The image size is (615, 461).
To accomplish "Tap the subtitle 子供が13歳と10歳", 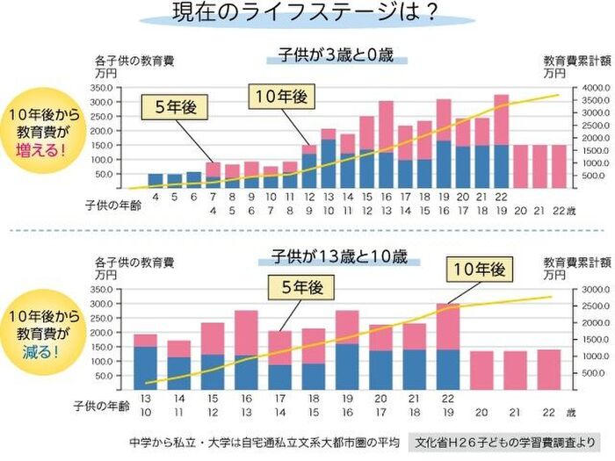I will point(340,258).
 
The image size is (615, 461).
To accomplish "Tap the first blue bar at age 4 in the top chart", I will point(155,181).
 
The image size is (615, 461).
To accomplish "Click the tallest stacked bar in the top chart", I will point(502,140).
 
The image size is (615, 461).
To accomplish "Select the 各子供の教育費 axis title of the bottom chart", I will point(135,263).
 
